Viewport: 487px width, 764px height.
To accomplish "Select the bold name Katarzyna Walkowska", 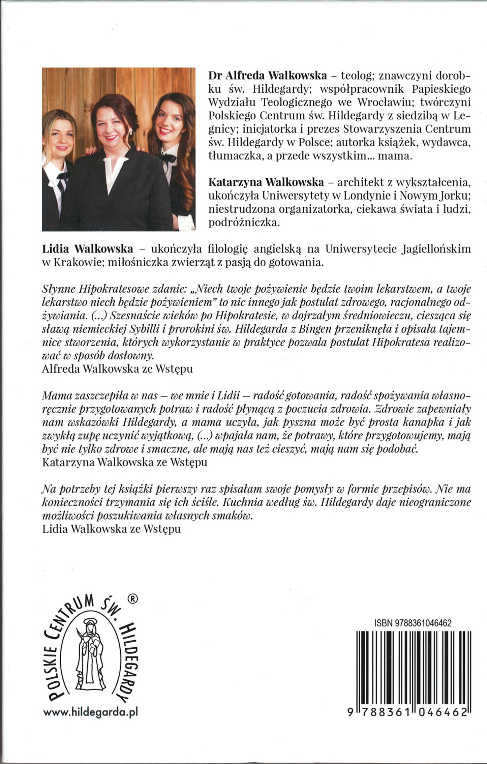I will click(266, 182).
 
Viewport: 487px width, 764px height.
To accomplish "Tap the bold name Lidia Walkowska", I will click(88, 249).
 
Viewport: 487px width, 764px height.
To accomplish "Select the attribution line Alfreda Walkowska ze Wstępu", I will click(118, 369).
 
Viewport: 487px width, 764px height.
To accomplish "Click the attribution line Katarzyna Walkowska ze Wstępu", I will click(125, 462).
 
